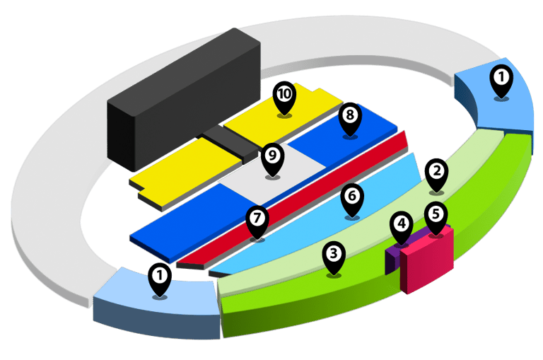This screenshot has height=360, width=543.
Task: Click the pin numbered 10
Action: (284, 95)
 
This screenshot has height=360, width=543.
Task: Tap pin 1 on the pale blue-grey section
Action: (160, 277)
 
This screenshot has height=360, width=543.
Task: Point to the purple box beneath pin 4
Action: (390, 259)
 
